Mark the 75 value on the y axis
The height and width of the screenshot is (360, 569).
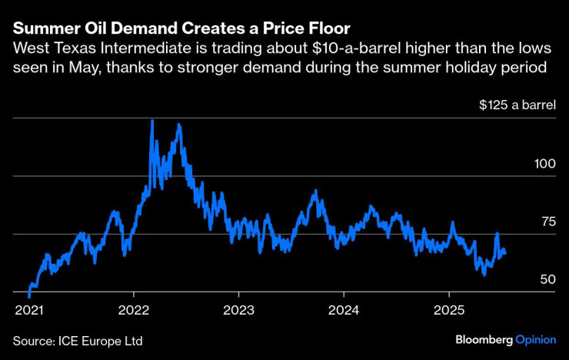pos(548,222)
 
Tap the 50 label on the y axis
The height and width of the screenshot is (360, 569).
pos(547,279)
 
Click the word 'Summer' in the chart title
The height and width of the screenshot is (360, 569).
pos(43,28)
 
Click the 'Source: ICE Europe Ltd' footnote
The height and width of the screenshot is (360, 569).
pos(78,339)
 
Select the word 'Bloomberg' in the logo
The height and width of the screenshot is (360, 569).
pos(483,339)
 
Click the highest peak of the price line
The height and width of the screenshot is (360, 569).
pos(152,120)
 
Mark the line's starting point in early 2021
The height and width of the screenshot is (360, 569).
pos(29,296)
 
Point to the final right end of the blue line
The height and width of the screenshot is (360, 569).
pos(505,252)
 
